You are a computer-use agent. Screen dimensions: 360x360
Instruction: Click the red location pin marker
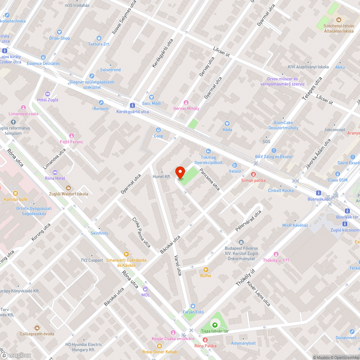[x=180, y=173]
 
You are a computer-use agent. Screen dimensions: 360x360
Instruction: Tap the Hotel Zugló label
[x=48, y=100]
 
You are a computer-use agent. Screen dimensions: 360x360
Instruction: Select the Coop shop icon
[x=158, y=130]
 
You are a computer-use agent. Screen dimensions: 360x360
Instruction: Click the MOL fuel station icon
[x=145, y=289]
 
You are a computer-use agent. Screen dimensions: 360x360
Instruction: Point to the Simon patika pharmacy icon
[x=253, y=174]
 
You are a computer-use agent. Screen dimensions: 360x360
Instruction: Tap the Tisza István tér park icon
[x=215, y=325]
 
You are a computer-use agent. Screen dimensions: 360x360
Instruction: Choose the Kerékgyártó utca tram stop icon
[x=132, y=105]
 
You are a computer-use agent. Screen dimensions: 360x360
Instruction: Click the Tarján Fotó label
[x=193, y=312]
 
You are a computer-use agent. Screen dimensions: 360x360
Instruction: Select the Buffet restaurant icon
[x=206, y=269]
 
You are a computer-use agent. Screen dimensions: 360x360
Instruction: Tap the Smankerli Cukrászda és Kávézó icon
[x=126, y=254]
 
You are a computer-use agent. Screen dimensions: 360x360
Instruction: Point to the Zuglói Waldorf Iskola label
[x=68, y=194]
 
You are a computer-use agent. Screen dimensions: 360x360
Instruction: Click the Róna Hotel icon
[x=55, y=172]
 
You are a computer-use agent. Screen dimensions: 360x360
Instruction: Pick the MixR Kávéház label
[x=295, y=225]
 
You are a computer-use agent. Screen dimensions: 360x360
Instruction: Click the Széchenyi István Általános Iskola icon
[x=338, y=20]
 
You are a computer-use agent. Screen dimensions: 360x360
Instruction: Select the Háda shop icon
[x=227, y=123]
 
